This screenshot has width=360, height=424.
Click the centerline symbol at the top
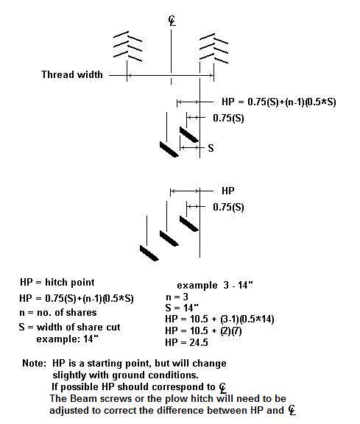pyautogui.click(x=172, y=21)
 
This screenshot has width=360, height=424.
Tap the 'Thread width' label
pyautogui.click(x=72, y=74)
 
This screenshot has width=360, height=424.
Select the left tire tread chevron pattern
pyautogui.click(x=127, y=46)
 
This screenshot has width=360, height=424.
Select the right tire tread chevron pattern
pyautogui.click(x=213, y=49)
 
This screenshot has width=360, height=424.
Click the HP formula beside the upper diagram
pyautogui.click(x=278, y=102)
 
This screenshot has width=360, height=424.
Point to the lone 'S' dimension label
pyautogui.click(x=211, y=148)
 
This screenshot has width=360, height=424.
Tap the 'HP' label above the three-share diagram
pyautogui.click(x=227, y=191)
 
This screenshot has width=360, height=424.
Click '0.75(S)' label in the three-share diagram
pyautogui.click(x=228, y=207)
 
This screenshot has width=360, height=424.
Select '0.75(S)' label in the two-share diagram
pyautogui.click(x=228, y=119)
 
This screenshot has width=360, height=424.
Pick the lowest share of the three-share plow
pyautogui.click(x=149, y=253)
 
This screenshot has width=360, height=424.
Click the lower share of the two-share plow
pyautogui.click(x=169, y=149)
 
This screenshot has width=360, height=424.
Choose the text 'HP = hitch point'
pyautogui.click(x=57, y=283)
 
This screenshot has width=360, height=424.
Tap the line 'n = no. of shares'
pyautogui.click(x=58, y=313)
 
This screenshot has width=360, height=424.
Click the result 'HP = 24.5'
pyautogui.click(x=187, y=342)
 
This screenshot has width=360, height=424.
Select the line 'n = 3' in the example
pyautogui.click(x=177, y=297)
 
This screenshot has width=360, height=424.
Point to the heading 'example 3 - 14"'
pyautogui.click(x=215, y=286)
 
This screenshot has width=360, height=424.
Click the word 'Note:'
pyautogui.click(x=34, y=363)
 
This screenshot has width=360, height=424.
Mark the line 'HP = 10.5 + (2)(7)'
pyautogui.click(x=203, y=331)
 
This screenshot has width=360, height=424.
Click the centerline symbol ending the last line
pyautogui.click(x=292, y=410)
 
